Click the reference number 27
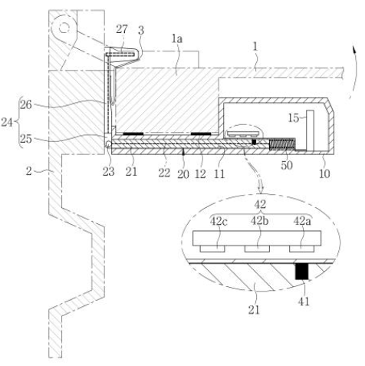(122, 29)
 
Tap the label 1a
(177, 39)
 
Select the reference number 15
(294, 118)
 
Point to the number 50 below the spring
(287, 165)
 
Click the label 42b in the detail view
(259, 221)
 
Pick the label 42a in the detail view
(302, 221)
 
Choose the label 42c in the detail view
(219, 221)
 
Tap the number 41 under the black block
(304, 302)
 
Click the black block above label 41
(301, 272)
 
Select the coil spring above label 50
(282, 144)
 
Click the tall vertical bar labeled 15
(310, 130)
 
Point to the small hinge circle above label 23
(108, 144)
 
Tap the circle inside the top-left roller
(64, 28)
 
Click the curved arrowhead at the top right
(354, 50)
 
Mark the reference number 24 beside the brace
(7, 122)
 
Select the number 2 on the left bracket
(28, 171)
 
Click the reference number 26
(26, 104)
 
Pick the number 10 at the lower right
(324, 173)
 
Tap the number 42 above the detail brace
(260, 204)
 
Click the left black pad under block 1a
(133, 134)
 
